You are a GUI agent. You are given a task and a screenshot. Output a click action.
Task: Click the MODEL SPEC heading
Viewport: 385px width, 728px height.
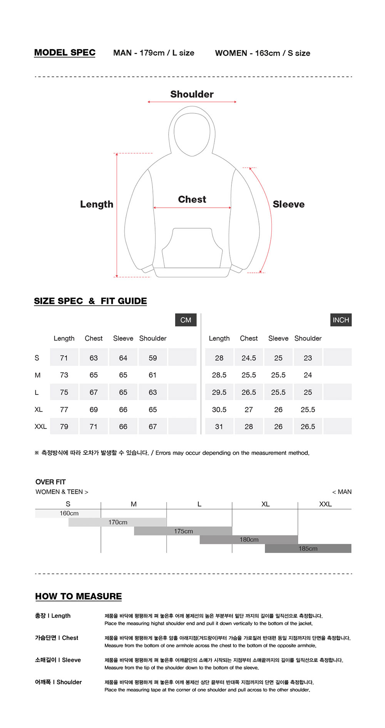click(x=65, y=53)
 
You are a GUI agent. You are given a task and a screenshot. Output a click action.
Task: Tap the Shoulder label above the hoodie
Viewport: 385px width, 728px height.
click(x=192, y=94)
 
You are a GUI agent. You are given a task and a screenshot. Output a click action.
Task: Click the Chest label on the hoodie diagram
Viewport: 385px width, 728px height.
click(x=192, y=199)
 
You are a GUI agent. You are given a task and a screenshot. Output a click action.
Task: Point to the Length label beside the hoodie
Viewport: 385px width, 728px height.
click(x=97, y=204)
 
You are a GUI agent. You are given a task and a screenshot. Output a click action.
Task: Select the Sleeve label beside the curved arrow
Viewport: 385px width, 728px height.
click(x=288, y=204)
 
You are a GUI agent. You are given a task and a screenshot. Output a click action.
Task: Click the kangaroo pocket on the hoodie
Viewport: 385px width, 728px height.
click(x=192, y=248)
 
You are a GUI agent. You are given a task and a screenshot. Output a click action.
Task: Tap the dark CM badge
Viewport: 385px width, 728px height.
click(x=186, y=320)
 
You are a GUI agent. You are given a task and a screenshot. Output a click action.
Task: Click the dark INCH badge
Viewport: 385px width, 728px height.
click(x=341, y=320)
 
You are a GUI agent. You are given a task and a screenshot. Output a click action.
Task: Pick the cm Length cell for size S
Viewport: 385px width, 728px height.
click(x=64, y=358)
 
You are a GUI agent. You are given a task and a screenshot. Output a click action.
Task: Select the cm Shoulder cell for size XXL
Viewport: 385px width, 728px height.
click(x=153, y=427)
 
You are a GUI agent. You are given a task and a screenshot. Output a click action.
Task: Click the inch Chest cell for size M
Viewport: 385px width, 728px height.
click(x=249, y=375)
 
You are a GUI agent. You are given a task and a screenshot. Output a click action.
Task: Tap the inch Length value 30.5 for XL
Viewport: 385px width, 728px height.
click(x=219, y=410)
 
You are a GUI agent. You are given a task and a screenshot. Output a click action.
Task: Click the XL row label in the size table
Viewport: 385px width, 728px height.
click(x=38, y=410)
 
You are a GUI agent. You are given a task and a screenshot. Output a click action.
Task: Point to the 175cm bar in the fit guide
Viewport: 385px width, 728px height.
click(x=183, y=531)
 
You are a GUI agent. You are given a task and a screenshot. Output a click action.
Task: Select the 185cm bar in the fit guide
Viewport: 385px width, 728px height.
click(x=308, y=549)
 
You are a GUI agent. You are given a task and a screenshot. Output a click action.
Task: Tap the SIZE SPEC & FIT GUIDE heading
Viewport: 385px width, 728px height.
click(x=90, y=301)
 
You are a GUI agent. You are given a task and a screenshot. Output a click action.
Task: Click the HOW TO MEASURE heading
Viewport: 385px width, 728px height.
click(x=79, y=596)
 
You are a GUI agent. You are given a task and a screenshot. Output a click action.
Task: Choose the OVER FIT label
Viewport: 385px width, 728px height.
click(x=50, y=482)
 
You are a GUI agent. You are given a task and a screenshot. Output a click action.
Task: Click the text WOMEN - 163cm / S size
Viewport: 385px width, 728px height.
click(x=263, y=53)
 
